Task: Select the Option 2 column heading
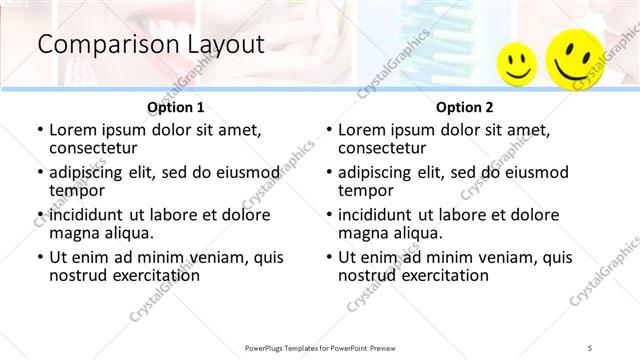(x=465, y=107)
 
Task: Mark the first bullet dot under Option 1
(x=39, y=129)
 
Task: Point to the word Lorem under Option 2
(x=361, y=129)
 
